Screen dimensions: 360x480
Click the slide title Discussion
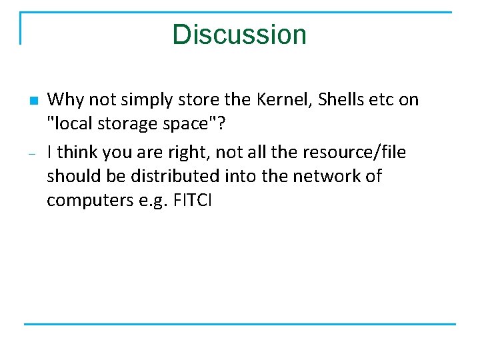[x=239, y=35]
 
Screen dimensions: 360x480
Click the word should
[x=71, y=176]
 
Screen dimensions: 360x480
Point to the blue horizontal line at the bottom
[x=240, y=324]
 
